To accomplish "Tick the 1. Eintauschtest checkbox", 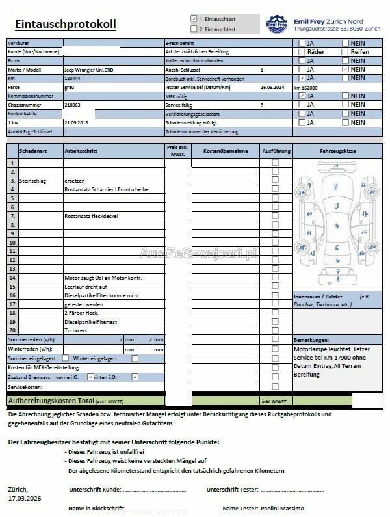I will click(194, 19).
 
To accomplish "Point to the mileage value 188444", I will click(72, 77).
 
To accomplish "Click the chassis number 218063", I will click(72, 104).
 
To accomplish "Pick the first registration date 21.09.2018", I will click(75, 122).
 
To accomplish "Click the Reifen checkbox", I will click(345, 51).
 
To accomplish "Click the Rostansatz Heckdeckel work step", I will click(90, 215).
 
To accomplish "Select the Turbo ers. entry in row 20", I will click(76, 330).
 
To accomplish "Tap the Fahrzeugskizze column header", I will click(337, 150).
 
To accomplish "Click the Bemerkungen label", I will click(311, 341).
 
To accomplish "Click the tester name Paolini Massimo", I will click(283, 508).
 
